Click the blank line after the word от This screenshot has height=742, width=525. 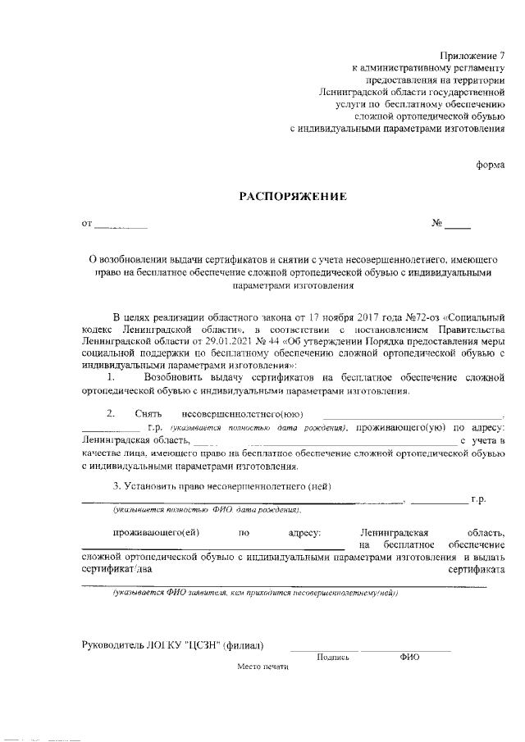pos(121,225)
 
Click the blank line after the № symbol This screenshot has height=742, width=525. pos(458,225)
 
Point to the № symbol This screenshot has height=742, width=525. pos(437,223)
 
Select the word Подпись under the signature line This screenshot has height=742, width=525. pos(332,657)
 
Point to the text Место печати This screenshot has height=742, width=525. pos(264,667)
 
